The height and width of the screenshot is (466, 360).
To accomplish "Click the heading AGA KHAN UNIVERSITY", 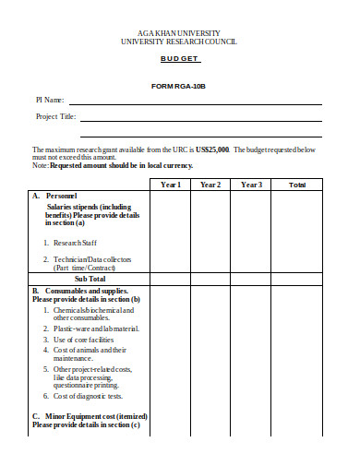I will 179,32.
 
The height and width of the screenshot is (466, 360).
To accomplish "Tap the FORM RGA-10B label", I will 179,86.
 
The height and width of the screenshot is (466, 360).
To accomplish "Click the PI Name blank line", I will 194,102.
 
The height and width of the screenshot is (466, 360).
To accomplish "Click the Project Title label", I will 56,117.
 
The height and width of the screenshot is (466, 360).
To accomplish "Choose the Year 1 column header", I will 171,185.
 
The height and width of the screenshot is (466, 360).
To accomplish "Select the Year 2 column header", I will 210,185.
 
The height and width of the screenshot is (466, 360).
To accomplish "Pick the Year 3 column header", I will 251,185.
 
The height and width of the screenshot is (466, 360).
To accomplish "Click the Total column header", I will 297,185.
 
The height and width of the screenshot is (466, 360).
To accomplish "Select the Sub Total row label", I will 90,278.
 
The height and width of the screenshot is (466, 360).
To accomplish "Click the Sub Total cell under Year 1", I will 171,278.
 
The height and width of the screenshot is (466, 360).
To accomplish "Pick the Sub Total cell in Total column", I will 297,278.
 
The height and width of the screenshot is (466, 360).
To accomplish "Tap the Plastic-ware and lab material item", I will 96,328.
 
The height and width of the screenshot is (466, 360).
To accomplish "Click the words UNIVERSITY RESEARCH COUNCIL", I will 179,42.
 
